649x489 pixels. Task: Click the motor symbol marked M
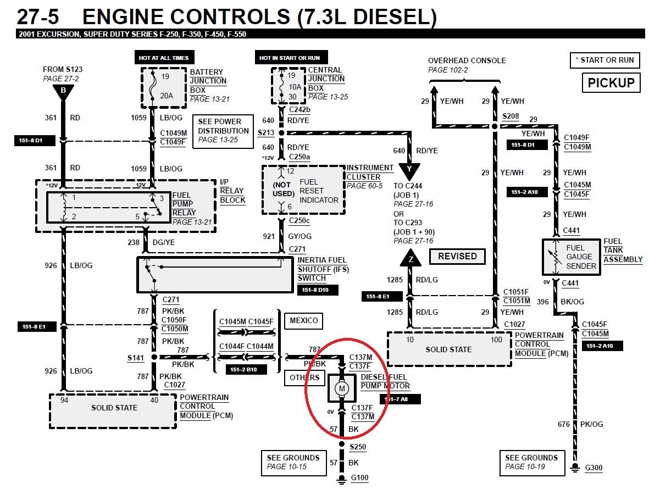click(x=342, y=389)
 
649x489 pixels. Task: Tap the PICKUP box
click(x=611, y=83)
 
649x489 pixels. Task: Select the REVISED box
click(x=457, y=256)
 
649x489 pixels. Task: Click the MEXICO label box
click(x=303, y=320)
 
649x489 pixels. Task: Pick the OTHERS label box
click(x=304, y=377)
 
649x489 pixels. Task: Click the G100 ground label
click(x=359, y=478)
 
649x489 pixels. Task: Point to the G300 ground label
click(x=593, y=468)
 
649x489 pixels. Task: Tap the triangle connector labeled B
click(x=63, y=92)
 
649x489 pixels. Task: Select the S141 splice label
click(x=136, y=358)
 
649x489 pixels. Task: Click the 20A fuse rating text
click(x=167, y=96)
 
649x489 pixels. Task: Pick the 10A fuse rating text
click(x=295, y=87)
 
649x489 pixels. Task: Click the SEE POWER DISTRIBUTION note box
click(x=223, y=131)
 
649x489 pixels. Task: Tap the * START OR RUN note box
click(x=604, y=60)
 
